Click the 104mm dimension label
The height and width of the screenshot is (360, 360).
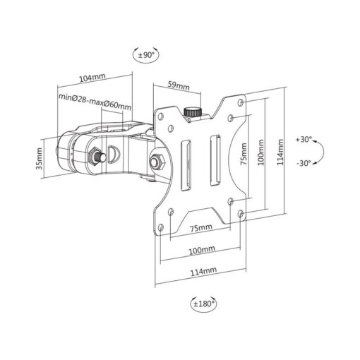click(x=92, y=78)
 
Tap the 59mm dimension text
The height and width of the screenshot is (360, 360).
click(x=179, y=85)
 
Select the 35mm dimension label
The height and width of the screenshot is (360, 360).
click(x=39, y=159)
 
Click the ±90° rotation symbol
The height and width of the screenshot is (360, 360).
click(x=146, y=55)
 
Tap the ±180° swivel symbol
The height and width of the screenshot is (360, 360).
click(x=204, y=304)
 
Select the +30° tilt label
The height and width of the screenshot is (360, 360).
click(x=304, y=140)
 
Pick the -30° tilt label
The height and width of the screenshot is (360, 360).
click(x=304, y=163)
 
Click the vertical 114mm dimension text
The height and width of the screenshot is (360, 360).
click(x=280, y=152)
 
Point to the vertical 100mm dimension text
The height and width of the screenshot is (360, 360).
click(x=261, y=152)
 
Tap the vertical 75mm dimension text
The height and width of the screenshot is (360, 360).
click(x=244, y=154)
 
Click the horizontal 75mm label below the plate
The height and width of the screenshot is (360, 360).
click(x=201, y=228)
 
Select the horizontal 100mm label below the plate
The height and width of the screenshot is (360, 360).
click(x=202, y=250)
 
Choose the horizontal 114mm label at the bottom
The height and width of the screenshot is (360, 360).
click(x=203, y=271)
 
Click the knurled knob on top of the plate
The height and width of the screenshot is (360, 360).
click(x=193, y=112)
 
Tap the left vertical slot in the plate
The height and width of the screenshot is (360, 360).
click(x=186, y=165)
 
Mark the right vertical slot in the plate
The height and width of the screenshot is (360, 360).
click(x=215, y=160)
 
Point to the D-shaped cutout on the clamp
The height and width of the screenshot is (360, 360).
click(x=114, y=154)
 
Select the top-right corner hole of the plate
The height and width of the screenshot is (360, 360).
click(x=241, y=102)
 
